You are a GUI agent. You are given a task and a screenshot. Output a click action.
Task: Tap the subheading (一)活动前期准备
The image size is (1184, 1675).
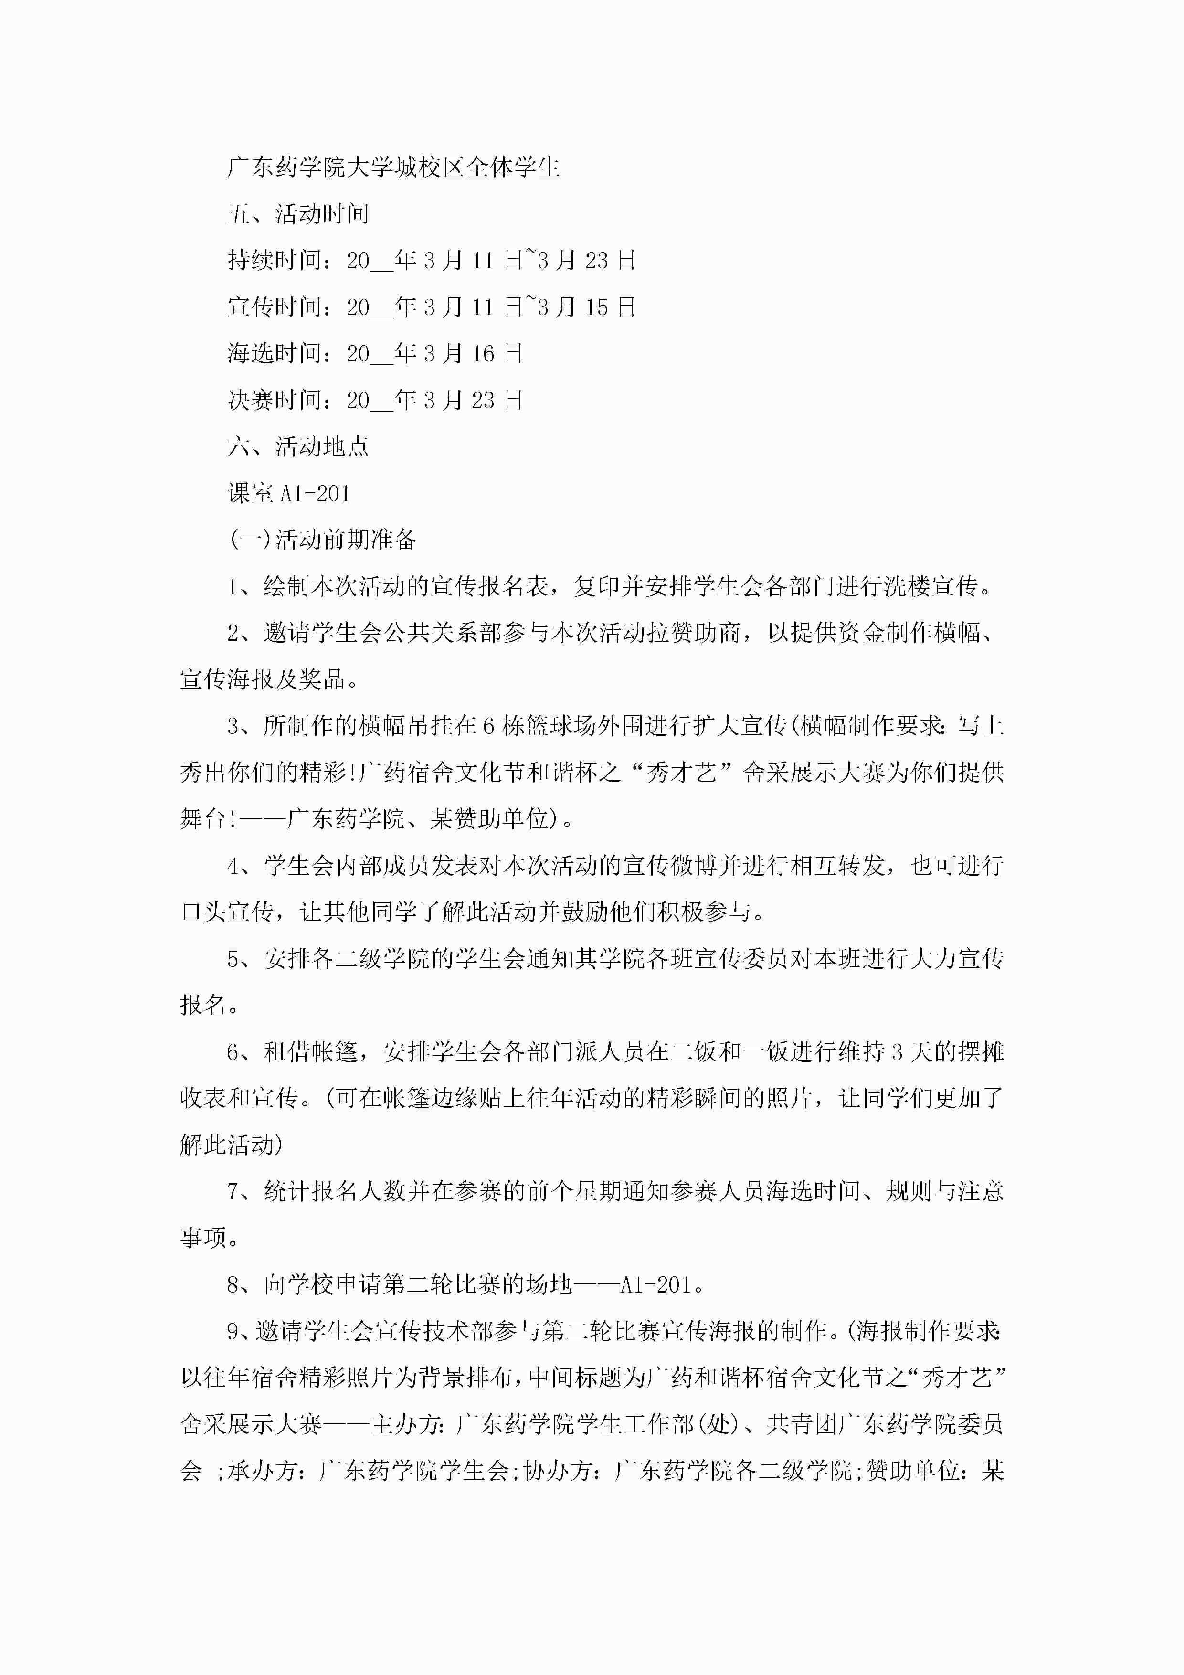322,540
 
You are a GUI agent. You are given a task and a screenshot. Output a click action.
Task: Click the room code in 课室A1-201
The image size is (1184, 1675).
315,494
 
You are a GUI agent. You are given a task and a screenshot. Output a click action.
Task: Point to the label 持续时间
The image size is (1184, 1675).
275,260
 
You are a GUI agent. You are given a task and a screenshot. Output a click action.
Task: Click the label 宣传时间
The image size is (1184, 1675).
275,307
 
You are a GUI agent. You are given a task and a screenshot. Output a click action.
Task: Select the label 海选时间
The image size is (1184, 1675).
275,354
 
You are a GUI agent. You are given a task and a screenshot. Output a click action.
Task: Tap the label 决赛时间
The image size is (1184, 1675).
275,401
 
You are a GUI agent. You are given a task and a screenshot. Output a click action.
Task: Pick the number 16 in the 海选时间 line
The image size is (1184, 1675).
483,354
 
